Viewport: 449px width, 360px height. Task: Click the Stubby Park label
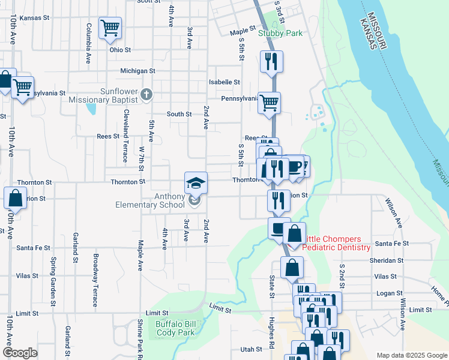tap(280, 34)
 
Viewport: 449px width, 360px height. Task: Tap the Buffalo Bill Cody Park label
tap(175, 328)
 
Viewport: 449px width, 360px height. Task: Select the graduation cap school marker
tap(196, 182)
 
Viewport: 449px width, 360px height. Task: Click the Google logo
tap(20, 353)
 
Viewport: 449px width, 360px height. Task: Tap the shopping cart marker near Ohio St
tap(110, 27)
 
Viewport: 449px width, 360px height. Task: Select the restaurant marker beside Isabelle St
tap(271, 61)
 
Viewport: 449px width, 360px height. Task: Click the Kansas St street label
tap(34, 18)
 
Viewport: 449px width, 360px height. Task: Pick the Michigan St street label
tap(137, 71)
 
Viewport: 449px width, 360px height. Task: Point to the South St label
tap(179, 114)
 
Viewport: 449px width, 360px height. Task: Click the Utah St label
tap(251, 349)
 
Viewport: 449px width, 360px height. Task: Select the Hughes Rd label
tap(272, 332)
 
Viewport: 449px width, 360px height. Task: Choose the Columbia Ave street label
tap(88, 44)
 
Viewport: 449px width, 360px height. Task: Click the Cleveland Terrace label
tap(125, 136)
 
